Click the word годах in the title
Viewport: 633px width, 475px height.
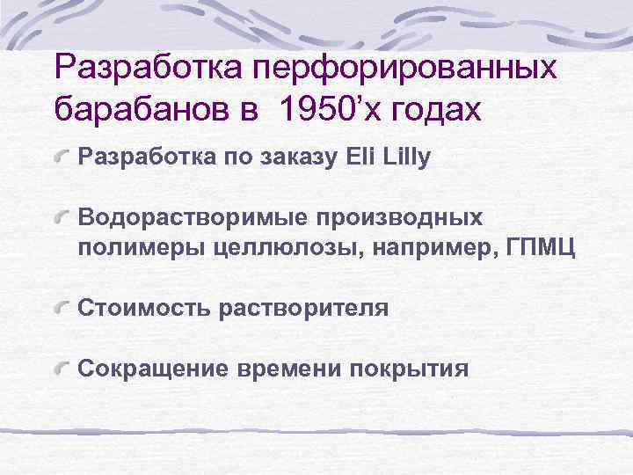coord(436,112)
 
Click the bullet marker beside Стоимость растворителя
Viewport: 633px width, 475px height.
coord(63,307)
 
